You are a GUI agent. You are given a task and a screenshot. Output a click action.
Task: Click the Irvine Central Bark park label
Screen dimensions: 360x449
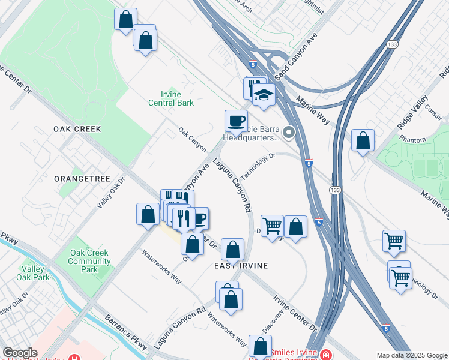(x=171, y=98)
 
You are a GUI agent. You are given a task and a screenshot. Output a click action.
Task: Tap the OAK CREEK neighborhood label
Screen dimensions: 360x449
(x=77, y=129)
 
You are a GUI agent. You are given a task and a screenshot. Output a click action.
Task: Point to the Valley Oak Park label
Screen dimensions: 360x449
(x=34, y=273)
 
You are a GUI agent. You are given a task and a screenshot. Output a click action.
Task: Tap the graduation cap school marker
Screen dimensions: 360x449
(x=263, y=95)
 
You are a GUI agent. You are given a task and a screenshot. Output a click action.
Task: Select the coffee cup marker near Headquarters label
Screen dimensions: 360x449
(x=236, y=120)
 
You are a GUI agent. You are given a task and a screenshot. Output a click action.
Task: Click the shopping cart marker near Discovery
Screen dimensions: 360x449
(x=272, y=226)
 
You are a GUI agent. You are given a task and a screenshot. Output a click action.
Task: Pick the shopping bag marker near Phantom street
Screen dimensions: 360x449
(x=363, y=141)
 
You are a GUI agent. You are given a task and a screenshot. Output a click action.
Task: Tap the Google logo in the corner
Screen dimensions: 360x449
(x=20, y=353)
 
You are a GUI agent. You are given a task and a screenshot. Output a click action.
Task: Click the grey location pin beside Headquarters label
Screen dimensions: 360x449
(x=289, y=133)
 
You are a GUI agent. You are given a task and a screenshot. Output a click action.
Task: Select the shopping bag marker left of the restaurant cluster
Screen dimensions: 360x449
(x=148, y=214)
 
